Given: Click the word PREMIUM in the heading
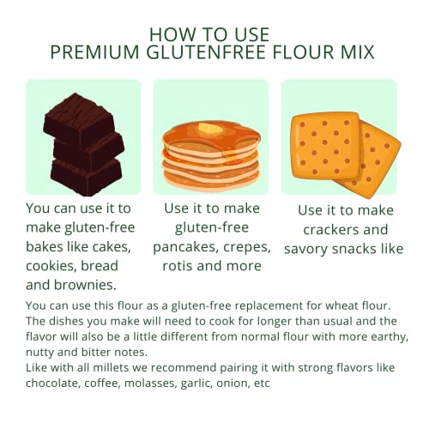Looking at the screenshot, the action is click(x=94, y=52).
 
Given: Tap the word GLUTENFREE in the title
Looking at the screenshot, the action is click(x=206, y=52).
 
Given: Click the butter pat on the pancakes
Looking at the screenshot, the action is click(x=210, y=129).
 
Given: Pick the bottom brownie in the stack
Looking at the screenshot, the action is click(x=86, y=176).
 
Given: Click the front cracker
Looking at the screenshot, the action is click(x=325, y=146).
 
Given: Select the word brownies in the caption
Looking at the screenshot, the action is click(x=89, y=285).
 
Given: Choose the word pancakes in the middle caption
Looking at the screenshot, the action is click(x=186, y=248).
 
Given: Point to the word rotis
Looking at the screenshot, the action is click(x=178, y=266).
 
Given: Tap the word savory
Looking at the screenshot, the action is click(x=306, y=249).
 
